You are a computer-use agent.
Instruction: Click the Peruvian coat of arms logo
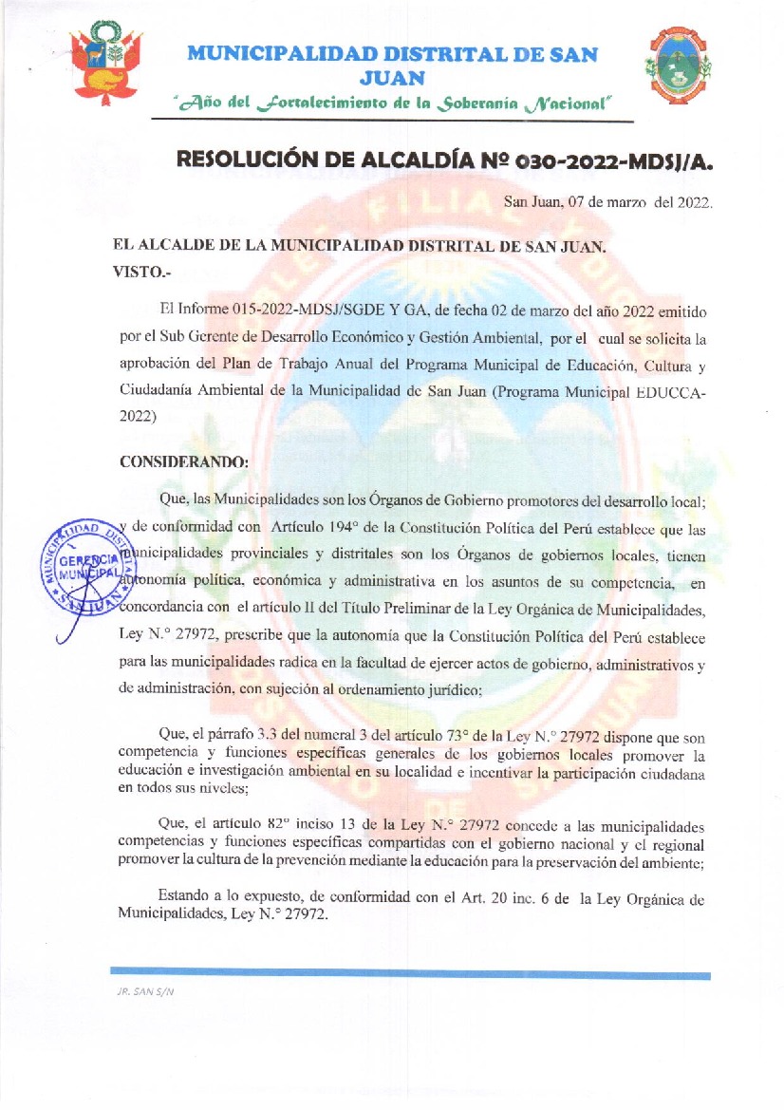click(x=107, y=64)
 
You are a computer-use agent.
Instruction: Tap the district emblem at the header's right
click(x=678, y=64)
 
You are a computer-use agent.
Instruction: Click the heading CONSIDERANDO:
click(x=184, y=462)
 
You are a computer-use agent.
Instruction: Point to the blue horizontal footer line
click(x=410, y=974)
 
